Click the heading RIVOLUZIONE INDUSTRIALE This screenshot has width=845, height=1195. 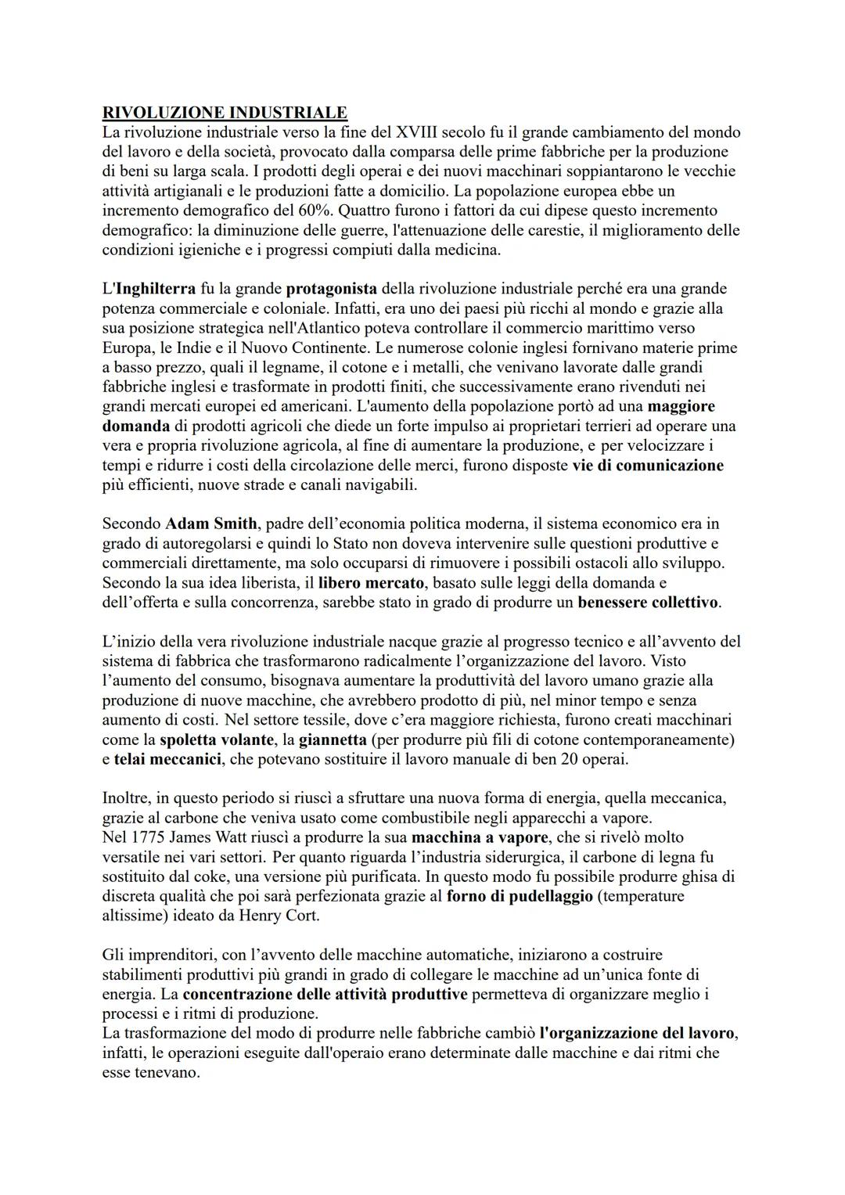click(225, 113)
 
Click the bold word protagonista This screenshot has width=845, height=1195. click(331, 289)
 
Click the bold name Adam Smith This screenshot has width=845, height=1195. click(210, 524)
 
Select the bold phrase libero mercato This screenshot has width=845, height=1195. click(371, 583)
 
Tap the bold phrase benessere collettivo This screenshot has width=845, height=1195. click(649, 603)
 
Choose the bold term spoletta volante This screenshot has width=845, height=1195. click(216, 740)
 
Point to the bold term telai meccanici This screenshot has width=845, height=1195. click(167, 759)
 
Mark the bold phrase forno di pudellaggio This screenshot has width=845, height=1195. click(520, 896)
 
